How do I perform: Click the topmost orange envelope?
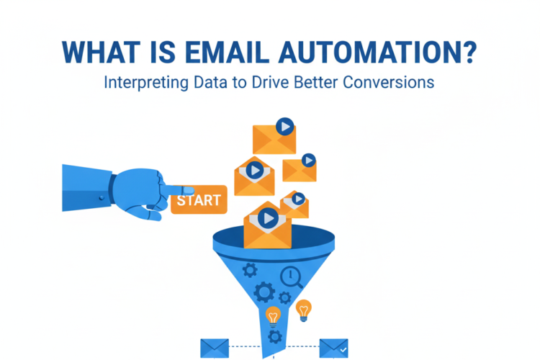pyautogui.click(x=274, y=136)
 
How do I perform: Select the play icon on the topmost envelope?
pyautogui.click(x=285, y=127)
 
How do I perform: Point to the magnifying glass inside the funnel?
pyautogui.click(x=292, y=275)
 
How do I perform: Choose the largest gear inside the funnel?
pyautogui.click(x=264, y=292)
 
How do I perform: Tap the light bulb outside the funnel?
pyautogui.click(x=304, y=310)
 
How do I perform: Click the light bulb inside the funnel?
pyautogui.click(x=273, y=315)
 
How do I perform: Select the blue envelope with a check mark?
pyautogui.click(x=333, y=348)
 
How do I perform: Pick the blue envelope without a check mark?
pyautogui.click(x=215, y=348)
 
